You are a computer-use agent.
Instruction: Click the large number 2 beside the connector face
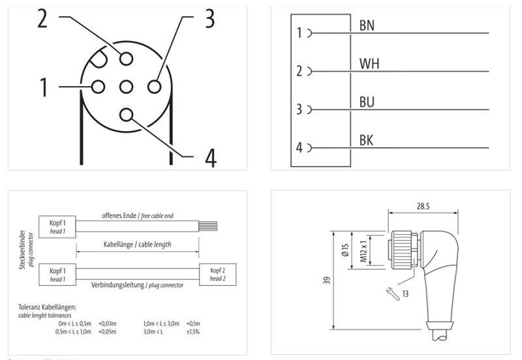point(42,20)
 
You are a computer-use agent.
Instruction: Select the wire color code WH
point(369,64)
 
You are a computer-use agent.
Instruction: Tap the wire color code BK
point(367,140)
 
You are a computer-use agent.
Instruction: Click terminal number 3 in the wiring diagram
point(299,110)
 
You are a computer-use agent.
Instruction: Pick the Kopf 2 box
point(218,273)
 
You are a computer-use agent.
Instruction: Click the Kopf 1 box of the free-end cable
point(57,225)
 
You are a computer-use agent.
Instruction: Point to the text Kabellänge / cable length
point(137,243)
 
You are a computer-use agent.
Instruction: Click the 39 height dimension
point(325,280)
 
